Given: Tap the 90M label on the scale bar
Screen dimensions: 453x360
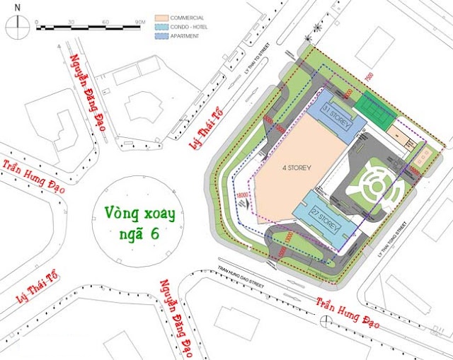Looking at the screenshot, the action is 139,22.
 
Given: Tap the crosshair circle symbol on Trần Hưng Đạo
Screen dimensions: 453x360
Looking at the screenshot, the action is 324,321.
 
